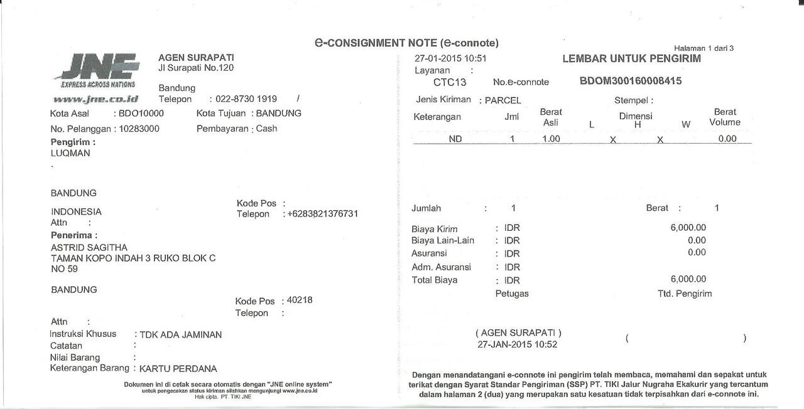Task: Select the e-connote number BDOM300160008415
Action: [630, 81]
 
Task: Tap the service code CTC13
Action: [450, 82]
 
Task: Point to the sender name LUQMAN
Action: [70, 153]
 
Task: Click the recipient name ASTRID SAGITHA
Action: [89, 247]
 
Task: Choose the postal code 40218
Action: [299, 300]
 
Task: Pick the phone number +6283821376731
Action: [323, 214]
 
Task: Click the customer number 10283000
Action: [139, 129]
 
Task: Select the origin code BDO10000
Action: [141, 114]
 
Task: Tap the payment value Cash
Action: [266, 129]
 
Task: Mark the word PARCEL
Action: [503, 100]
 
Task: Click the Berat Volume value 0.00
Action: [727, 139]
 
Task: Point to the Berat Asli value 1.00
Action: [551, 139]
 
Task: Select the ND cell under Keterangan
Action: [455, 139]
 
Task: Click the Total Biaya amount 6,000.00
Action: [688, 279]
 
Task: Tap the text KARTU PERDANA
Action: [178, 369]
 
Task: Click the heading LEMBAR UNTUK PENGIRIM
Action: [631, 59]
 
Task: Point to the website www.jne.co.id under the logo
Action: [95, 99]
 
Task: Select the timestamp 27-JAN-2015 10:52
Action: [518, 344]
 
